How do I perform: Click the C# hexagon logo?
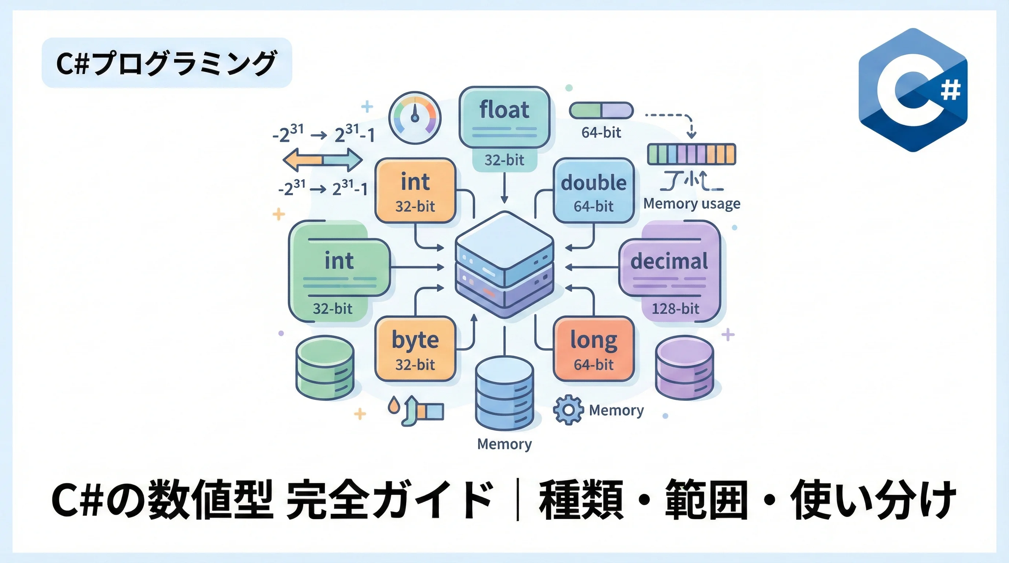tap(913, 90)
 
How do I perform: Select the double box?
tap(594, 191)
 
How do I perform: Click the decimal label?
tap(669, 261)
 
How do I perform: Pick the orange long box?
tap(594, 349)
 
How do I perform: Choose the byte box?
tap(415, 349)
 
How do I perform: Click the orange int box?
tap(415, 191)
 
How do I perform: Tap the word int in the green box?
tap(339, 261)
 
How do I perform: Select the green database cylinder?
tap(325, 368)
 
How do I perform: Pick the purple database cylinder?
tap(684, 368)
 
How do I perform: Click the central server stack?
tap(504, 264)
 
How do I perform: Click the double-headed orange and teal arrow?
tap(322, 160)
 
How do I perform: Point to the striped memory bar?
tap(691, 154)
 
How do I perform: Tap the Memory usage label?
tap(692, 203)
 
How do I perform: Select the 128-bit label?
tap(675, 309)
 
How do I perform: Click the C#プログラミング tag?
tap(167, 63)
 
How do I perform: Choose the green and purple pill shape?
tap(601, 110)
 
